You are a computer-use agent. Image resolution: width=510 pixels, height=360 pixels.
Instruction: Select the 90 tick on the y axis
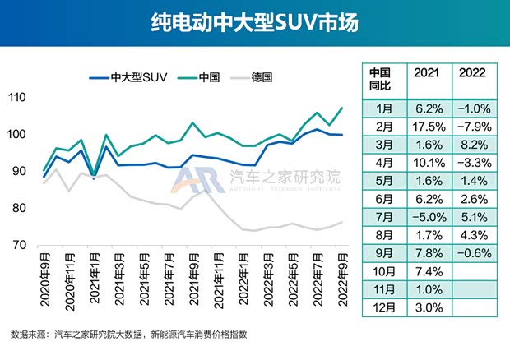pyautogui.click(x=18, y=172)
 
